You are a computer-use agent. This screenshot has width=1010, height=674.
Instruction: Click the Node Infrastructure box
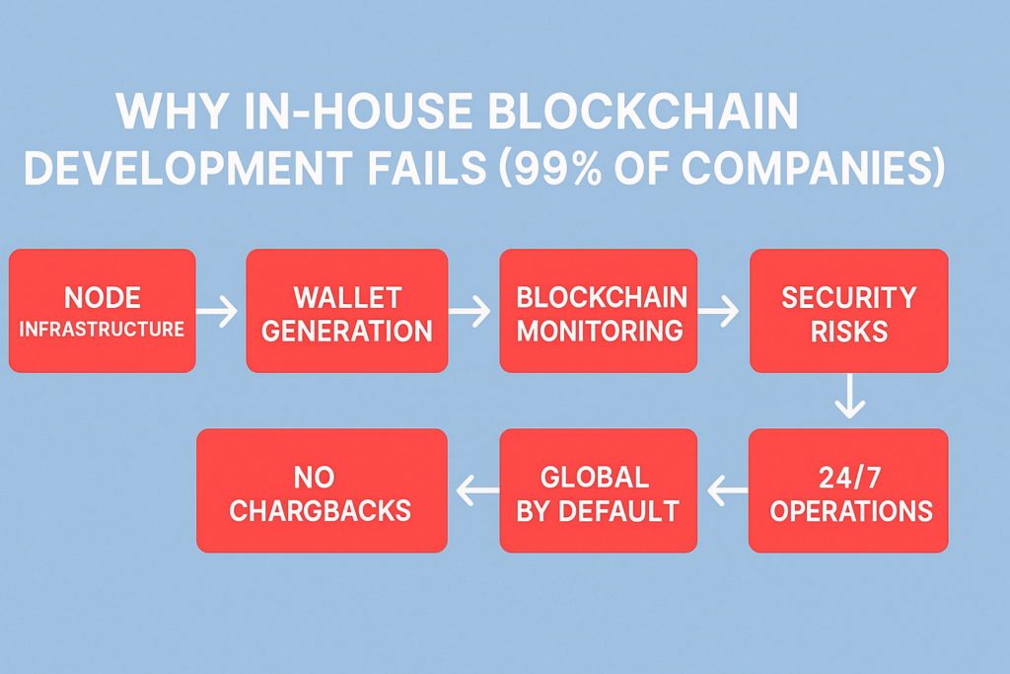click(x=103, y=311)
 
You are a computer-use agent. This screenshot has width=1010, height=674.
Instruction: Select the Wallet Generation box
click(x=347, y=311)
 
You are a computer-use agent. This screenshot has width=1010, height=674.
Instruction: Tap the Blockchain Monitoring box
click(x=599, y=311)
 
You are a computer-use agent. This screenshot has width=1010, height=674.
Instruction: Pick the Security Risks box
click(x=849, y=311)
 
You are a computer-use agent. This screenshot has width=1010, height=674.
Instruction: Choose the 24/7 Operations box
click(x=848, y=490)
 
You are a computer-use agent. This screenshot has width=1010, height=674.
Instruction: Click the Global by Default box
click(x=599, y=490)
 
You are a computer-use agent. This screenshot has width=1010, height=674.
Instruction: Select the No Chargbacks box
click(x=323, y=490)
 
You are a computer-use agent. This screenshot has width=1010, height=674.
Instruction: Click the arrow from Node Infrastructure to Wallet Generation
click(x=217, y=311)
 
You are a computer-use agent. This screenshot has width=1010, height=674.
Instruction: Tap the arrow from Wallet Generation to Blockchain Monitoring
click(x=469, y=311)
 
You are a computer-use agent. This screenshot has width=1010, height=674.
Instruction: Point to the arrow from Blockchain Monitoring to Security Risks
click(x=718, y=311)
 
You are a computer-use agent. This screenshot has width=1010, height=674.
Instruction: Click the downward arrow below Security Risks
click(x=849, y=397)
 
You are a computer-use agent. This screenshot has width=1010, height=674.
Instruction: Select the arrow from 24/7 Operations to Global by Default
click(x=728, y=491)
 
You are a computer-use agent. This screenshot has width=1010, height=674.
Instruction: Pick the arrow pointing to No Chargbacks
click(x=477, y=491)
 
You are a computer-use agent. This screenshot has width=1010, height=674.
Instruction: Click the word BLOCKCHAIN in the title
click(x=643, y=112)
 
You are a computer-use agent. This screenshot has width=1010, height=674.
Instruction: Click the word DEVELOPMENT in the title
click(x=188, y=167)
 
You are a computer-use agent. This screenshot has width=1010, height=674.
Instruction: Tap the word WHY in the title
click(x=173, y=112)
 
